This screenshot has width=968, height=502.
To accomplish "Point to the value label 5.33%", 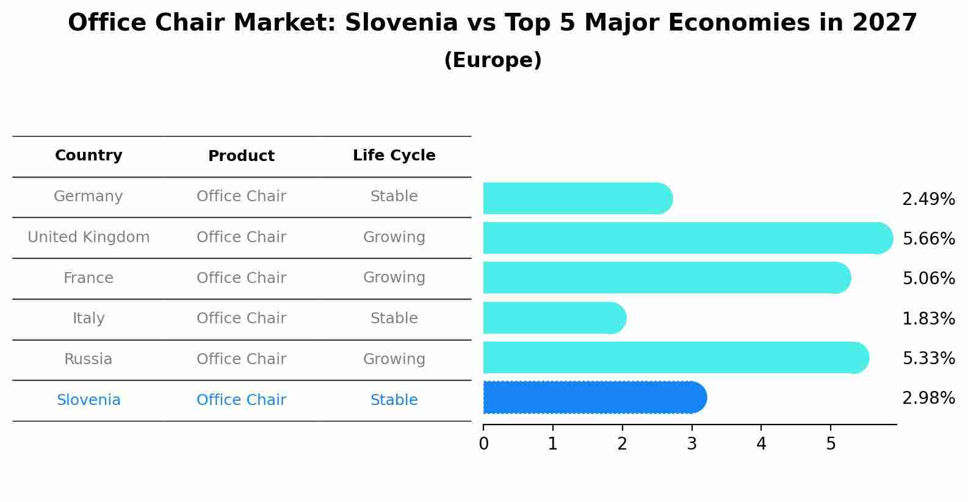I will click(x=928, y=358).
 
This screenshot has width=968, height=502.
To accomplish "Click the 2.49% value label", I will click(x=928, y=199).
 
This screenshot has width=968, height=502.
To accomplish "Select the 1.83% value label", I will click(x=928, y=318).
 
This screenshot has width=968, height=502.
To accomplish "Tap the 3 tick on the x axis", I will click(x=692, y=444).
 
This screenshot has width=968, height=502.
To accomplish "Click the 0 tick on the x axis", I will click(x=483, y=444).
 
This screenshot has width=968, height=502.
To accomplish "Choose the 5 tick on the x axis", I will click(x=831, y=444).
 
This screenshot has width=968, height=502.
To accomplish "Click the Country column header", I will click(x=88, y=156).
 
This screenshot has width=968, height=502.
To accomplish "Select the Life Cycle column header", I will click(x=394, y=156).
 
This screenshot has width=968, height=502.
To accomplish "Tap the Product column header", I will click(x=241, y=156).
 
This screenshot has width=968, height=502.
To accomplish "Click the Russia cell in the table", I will click(x=88, y=359).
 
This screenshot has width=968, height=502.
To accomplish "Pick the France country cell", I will click(x=88, y=278).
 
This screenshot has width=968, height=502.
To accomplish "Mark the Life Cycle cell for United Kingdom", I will click(x=394, y=237).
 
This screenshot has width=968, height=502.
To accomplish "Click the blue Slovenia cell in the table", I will click(x=88, y=400).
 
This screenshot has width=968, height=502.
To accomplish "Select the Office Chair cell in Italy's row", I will click(x=241, y=318).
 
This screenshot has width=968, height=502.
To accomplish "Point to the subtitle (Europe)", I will click(x=493, y=60).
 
